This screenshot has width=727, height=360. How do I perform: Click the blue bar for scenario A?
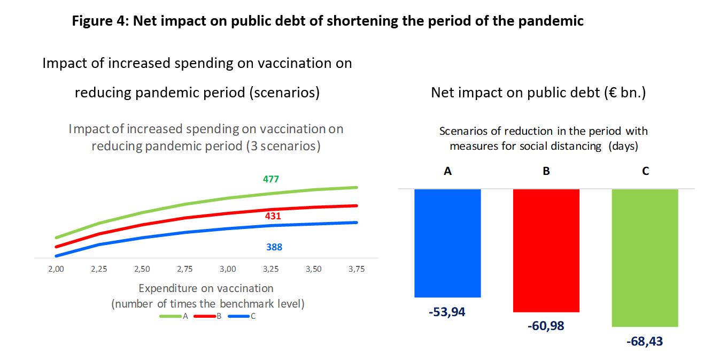click(x=447, y=243)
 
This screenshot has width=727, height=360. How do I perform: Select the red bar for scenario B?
click(x=546, y=250)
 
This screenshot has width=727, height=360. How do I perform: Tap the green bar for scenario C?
click(x=645, y=258)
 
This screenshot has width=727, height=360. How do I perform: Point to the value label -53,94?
click(x=447, y=312)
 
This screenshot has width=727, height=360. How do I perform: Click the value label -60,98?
click(x=546, y=326)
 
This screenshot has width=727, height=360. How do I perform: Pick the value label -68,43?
click(x=645, y=341)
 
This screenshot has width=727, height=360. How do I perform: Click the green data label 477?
click(x=270, y=179)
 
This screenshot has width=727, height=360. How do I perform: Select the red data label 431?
click(x=273, y=216)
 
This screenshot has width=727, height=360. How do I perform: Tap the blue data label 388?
click(x=274, y=247)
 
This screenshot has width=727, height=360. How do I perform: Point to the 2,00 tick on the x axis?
click(x=56, y=269)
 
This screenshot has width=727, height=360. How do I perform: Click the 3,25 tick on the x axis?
click(x=270, y=269)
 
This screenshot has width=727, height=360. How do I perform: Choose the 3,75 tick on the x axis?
click(x=357, y=269)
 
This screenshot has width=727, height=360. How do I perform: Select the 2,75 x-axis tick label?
click(x=184, y=269)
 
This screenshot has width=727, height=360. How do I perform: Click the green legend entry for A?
click(x=174, y=316)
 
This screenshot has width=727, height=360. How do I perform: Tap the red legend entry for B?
click(x=208, y=316)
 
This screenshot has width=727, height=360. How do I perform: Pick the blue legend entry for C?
click(x=242, y=316)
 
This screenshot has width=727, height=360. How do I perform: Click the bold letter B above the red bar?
click(x=546, y=171)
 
